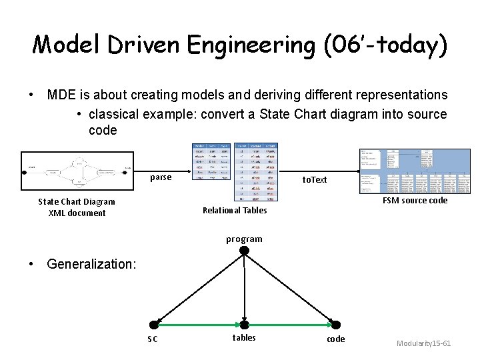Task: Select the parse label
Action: coord(161,177)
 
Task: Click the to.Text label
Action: coord(315,179)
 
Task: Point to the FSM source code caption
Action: coord(415,200)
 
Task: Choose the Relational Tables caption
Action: coord(235,210)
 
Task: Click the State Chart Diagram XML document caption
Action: coord(77,207)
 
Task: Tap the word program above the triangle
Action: coord(244,239)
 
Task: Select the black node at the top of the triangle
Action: coord(244,251)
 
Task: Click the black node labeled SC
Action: coord(154,325)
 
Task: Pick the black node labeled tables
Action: coord(244,325)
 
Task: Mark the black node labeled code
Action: coord(335,325)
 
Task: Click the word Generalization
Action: coord(91,264)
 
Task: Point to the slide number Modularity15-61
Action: coord(423,343)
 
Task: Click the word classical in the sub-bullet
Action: coord(116,114)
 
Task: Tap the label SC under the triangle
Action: coord(153,339)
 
